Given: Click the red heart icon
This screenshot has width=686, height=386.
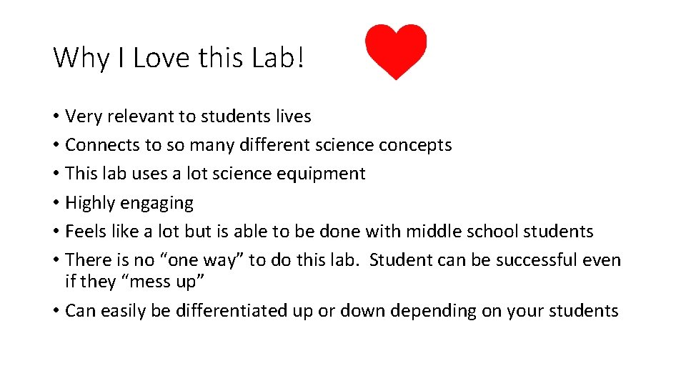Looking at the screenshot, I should pos(396,51).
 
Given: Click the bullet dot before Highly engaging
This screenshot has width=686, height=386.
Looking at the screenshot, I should pos(56,203).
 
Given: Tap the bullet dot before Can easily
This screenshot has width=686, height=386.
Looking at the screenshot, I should pos(56,311).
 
